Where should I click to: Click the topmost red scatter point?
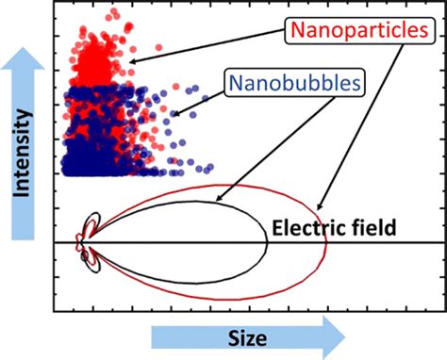(115, 13)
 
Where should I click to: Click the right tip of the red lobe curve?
(327, 242)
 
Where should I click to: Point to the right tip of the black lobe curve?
(268, 242)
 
